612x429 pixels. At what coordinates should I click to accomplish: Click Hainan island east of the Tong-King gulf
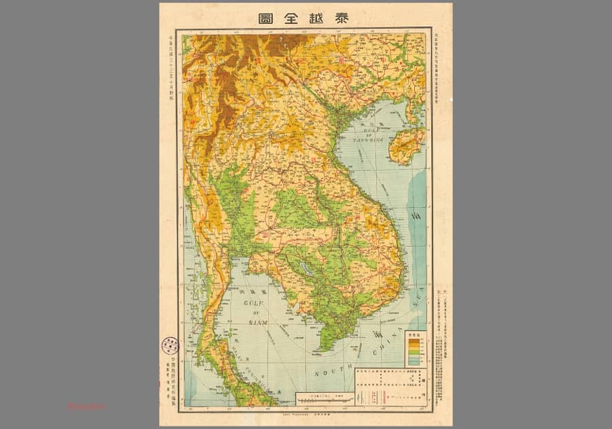coord(408,145)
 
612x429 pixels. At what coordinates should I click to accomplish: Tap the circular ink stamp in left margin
coord(169,345)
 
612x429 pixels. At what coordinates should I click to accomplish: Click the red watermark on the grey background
coord(86,407)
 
